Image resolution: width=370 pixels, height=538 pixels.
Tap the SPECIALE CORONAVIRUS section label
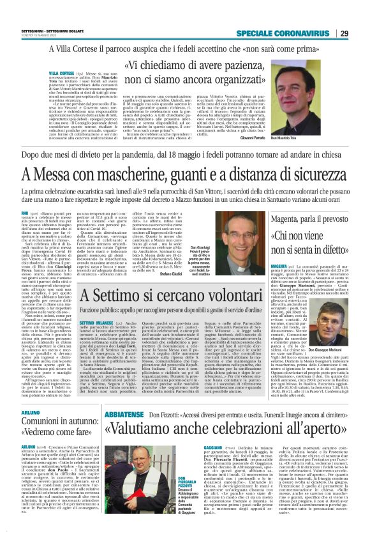(285, 34)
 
